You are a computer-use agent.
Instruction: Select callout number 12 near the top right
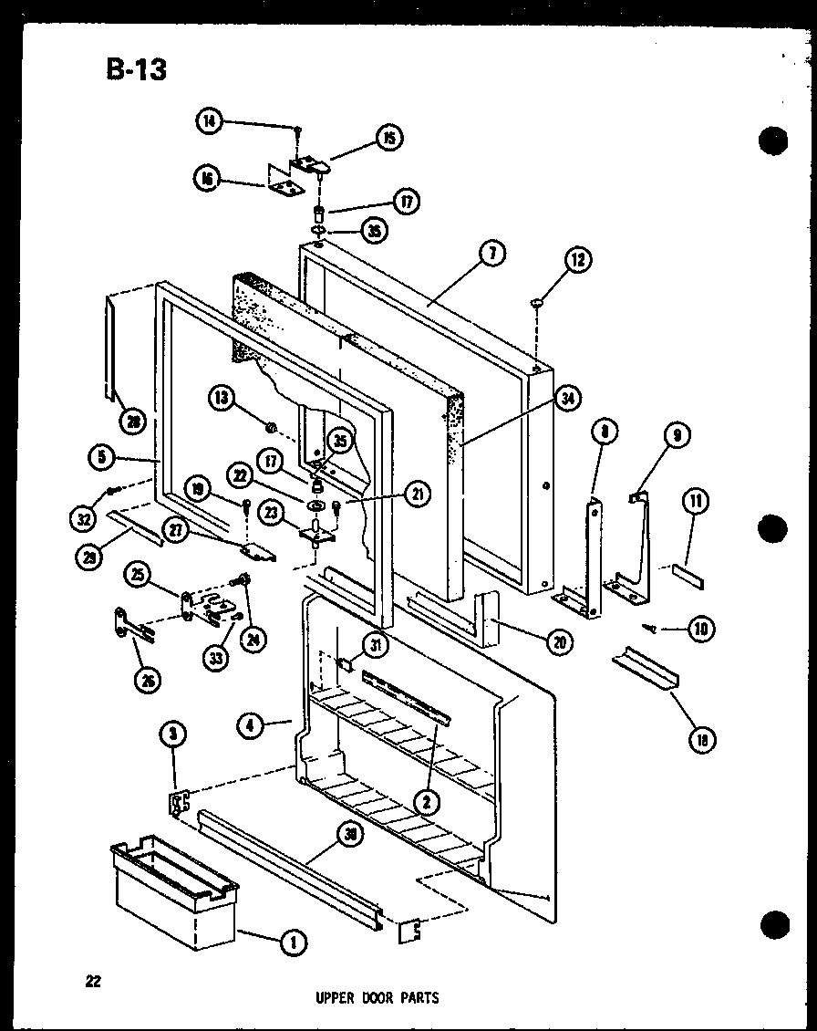tap(578, 261)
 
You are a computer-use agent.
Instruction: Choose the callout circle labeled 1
tap(293, 942)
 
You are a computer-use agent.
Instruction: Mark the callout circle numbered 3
tap(173, 732)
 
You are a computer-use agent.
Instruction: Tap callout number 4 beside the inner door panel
tap(250, 726)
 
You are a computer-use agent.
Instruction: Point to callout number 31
tap(375, 645)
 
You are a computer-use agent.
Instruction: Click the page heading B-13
tap(137, 68)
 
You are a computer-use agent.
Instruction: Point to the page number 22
tap(93, 982)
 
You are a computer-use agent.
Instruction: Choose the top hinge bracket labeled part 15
tap(311, 164)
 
